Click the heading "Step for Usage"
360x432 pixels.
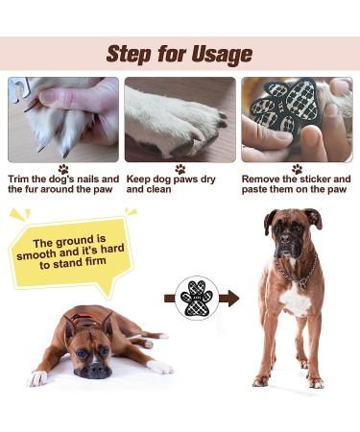(180, 53)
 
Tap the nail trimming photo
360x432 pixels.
(63, 119)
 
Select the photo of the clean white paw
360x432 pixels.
(180, 119)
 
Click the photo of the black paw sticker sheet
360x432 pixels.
(296, 119)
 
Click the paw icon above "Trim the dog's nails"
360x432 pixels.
(63, 169)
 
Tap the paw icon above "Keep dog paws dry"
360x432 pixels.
(180, 169)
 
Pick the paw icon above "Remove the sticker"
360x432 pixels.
(296, 169)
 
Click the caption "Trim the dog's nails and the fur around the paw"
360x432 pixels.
(63, 184)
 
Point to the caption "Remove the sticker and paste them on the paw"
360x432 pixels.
(296, 184)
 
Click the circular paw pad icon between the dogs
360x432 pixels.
(197, 299)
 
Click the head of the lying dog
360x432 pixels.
(91, 345)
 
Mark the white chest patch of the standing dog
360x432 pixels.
(293, 300)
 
